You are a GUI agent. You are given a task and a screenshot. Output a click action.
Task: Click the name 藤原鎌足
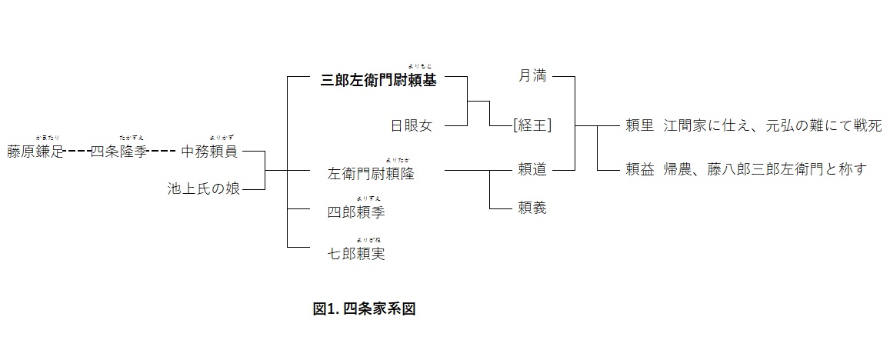click(x=35, y=152)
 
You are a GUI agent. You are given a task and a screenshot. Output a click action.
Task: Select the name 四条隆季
click(x=119, y=152)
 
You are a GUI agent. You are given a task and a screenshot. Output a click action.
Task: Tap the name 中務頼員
click(x=209, y=152)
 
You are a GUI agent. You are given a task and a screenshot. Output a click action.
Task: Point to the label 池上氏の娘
click(x=204, y=188)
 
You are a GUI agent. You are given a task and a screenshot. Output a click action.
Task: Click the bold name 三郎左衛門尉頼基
click(x=378, y=81)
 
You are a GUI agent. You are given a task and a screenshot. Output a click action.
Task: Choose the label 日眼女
click(x=412, y=125)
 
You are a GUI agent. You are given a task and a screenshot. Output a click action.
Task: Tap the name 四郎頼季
click(x=356, y=212)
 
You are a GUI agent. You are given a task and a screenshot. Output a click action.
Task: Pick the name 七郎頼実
click(x=356, y=254)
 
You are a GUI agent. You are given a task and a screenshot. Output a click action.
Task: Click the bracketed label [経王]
click(x=532, y=125)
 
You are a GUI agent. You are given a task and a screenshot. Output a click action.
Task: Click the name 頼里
click(x=639, y=125)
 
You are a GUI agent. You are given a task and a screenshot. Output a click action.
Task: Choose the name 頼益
click(x=639, y=169)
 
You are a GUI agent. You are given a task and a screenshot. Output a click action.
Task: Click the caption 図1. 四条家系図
click(x=364, y=309)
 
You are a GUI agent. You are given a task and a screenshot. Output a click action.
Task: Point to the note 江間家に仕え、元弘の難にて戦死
click(x=772, y=125)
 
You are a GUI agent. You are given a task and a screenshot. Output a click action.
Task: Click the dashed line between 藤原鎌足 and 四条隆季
click(x=77, y=152)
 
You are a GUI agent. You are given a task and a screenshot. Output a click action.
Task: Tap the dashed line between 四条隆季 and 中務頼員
click(x=163, y=152)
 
